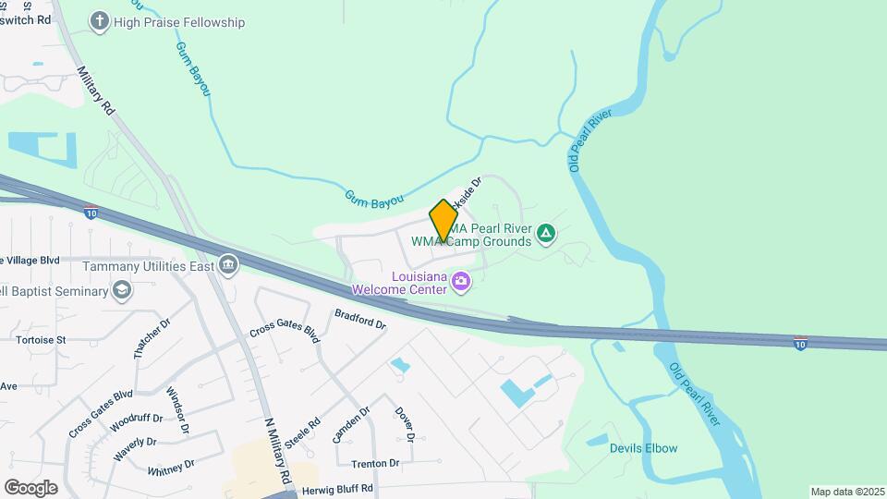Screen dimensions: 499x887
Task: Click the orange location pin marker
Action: click(443, 221)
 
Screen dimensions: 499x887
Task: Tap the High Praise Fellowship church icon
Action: click(101, 20)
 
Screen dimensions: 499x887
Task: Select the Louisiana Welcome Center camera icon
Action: click(460, 281)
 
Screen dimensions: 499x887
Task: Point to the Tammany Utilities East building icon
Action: click(227, 266)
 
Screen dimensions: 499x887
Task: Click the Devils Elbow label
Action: click(643, 449)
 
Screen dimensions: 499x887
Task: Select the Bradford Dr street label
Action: click(359, 320)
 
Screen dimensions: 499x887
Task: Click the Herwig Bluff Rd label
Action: click(341, 488)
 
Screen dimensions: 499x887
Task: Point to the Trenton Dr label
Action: click(375, 463)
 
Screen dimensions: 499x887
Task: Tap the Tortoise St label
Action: click(41, 340)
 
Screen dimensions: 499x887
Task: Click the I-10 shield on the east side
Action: click(801, 343)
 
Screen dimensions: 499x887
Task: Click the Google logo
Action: click(30, 487)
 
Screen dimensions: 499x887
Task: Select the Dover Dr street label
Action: click(405, 423)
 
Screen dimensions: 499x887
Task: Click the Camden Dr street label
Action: click(351, 424)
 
